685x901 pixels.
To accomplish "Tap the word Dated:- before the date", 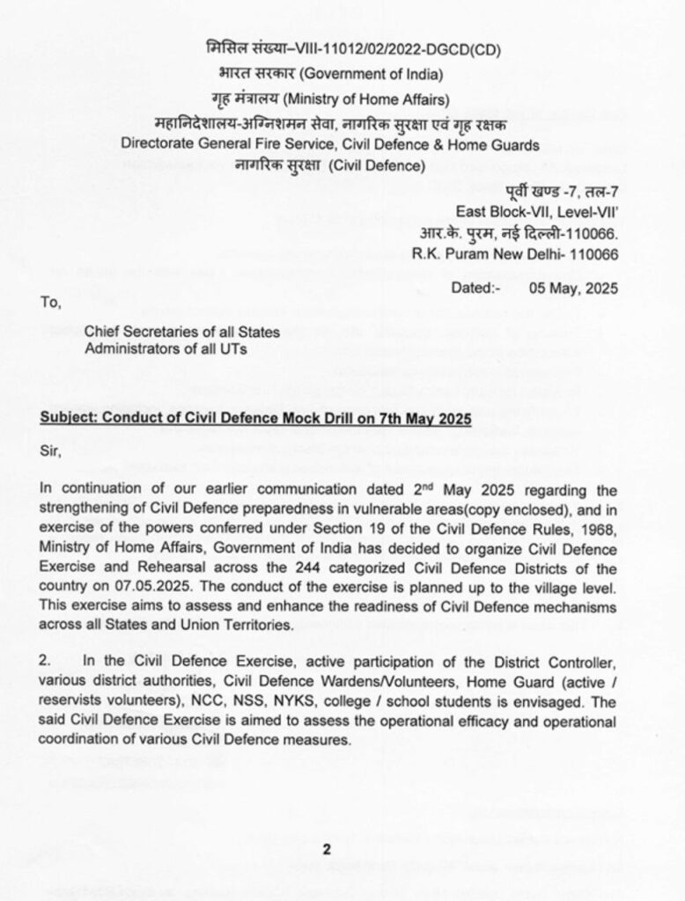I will click(476, 287).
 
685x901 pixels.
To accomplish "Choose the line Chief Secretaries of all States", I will click(182, 332).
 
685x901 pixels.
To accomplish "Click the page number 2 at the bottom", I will click(325, 849).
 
